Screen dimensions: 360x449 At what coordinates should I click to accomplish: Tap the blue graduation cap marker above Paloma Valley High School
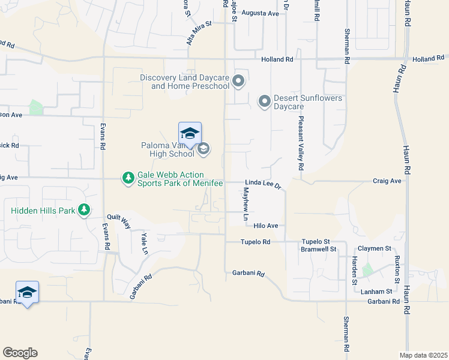[x=190, y=133]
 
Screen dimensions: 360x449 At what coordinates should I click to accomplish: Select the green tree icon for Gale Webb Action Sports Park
[x=128, y=178]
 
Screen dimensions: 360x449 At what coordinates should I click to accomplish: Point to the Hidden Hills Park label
[x=42, y=211]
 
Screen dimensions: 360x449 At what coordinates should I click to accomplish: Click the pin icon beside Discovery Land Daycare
[x=239, y=81]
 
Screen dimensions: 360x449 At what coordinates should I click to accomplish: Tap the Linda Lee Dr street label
[x=263, y=184]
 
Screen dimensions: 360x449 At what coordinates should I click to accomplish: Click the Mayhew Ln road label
[x=246, y=204]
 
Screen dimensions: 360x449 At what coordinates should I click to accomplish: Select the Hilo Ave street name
[x=266, y=226]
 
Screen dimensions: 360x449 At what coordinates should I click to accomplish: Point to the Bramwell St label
[x=319, y=248]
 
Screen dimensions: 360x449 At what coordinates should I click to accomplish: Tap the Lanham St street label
[x=378, y=291]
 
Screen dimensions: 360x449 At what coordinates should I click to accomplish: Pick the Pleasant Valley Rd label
[x=301, y=143]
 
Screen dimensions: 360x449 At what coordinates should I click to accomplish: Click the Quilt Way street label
[x=119, y=221]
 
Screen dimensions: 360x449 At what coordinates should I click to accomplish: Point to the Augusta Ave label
[x=265, y=13]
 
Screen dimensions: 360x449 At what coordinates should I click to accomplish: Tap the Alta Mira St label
[x=199, y=33]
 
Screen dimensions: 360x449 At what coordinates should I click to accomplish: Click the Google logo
[x=20, y=353]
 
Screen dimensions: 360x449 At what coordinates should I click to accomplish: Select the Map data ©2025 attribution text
[x=423, y=355]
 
